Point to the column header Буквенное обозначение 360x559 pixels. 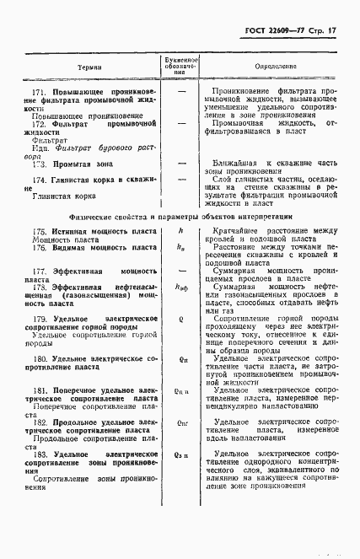click(181, 66)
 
